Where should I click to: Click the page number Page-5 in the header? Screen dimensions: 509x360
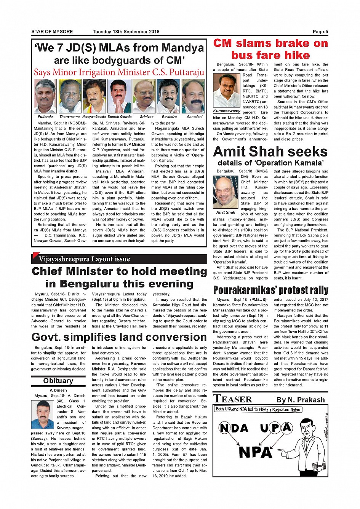click(320, 32)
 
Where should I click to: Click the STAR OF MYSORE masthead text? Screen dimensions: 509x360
click(52, 32)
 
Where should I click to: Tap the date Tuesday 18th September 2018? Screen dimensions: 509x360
click(126, 32)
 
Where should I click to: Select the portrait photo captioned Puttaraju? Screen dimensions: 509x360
click(45, 96)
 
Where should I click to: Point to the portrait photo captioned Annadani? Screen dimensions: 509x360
click(193, 96)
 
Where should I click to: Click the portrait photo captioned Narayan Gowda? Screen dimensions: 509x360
click(94, 96)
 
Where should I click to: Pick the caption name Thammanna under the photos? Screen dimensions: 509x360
click(69, 117)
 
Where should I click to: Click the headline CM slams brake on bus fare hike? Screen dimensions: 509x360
click(270, 49)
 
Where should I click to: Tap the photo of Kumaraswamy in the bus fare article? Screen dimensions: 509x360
click(226, 91)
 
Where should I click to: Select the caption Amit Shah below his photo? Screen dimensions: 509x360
click(226, 212)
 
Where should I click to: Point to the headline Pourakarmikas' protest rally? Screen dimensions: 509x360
click(270, 290)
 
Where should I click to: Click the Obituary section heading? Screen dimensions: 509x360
click(58, 381)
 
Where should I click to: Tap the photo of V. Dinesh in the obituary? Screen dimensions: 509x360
click(43, 414)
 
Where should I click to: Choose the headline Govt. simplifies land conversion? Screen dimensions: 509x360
click(119, 337)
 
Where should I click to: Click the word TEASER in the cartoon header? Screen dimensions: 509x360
click(233, 399)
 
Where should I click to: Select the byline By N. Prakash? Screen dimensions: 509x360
click(301, 400)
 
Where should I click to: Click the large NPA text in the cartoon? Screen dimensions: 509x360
click(255, 452)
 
